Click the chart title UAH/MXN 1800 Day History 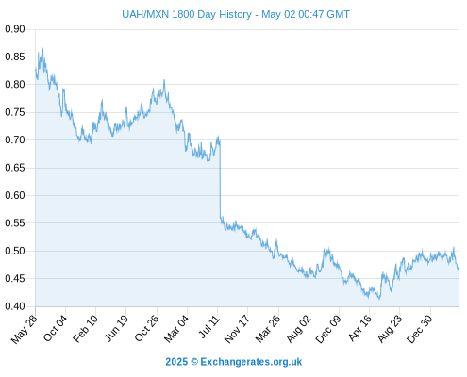(187, 14)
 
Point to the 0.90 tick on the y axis (15, 29)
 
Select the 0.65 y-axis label (15, 168)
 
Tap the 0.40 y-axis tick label (15, 306)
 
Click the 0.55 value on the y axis (15, 223)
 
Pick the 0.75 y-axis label (15, 112)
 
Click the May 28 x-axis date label (25, 329)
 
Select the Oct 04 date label (56, 328)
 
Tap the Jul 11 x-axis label (209, 327)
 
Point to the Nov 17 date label (237, 329)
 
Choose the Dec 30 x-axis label (420, 329)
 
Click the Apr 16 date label (360, 328)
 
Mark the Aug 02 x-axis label (299, 329)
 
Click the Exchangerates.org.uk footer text (251, 362)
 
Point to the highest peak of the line (42, 48)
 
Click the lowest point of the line (379, 299)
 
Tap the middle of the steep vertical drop (220, 178)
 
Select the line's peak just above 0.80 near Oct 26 (164, 80)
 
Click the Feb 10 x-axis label (85, 329)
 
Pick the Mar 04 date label (176, 329)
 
